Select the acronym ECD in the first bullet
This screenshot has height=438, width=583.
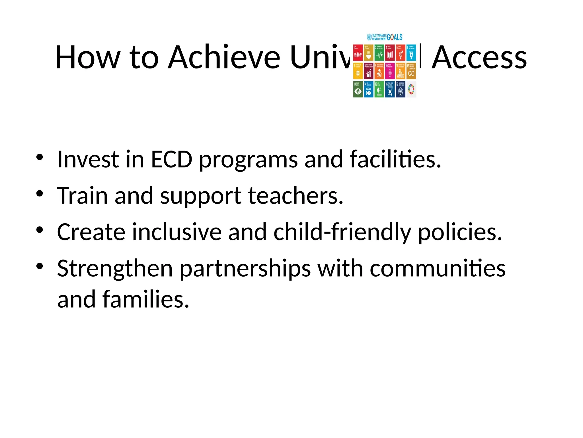(x=171, y=159)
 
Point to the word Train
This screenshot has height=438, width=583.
(x=82, y=196)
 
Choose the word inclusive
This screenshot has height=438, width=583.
(x=177, y=232)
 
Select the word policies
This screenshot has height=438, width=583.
(x=459, y=232)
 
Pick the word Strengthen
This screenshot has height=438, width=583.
(x=115, y=269)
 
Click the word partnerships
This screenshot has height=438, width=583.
(x=245, y=269)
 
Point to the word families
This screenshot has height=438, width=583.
(x=146, y=299)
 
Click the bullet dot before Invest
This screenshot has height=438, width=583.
(x=40, y=157)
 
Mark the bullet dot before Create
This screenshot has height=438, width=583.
(x=40, y=230)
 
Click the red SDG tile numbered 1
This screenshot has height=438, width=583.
(x=358, y=52)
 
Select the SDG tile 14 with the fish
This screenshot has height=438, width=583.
(x=369, y=89)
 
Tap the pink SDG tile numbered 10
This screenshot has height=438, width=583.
(x=390, y=71)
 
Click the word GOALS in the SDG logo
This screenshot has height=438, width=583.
(x=395, y=37)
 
